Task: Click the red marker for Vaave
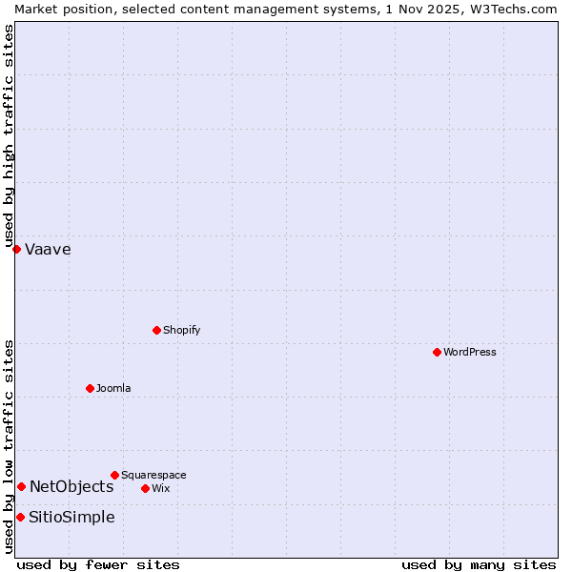(x=16, y=249)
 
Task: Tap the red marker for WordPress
(x=437, y=352)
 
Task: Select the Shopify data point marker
(x=156, y=330)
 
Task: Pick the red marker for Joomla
(x=90, y=388)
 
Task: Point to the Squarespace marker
(x=114, y=475)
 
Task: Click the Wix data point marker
(x=145, y=488)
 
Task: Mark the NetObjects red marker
(x=21, y=486)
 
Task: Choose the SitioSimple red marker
(x=20, y=517)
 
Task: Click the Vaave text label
(x=48, y=250)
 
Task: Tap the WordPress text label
(x=470, y=352)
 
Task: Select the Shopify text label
(x=181, y=330)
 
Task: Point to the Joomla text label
(x=113, y=388)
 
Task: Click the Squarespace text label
(x=153, y=475)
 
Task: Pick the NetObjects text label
(x=71, y=487)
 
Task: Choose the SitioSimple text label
(x=71, y=518)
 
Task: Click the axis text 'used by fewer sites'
(x=98, y=565)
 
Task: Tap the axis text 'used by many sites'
(x=479, y=565)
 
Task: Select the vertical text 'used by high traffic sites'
(x=9, y=135)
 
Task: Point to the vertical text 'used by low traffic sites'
(x=9, y=446)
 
